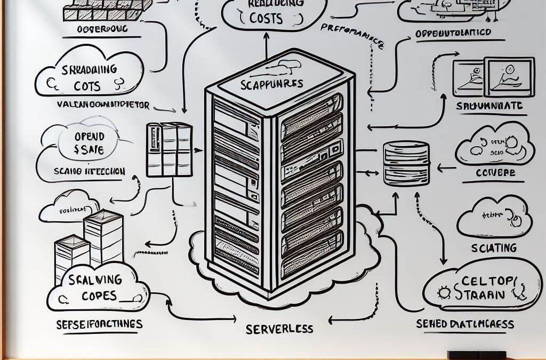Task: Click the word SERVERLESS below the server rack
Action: point(279,329)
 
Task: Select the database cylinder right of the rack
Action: point(406,163)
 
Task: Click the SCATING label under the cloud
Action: point(493,247)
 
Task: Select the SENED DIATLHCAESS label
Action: point(465,324)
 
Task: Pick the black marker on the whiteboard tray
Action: point(476,355)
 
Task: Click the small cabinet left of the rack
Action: point(168,149)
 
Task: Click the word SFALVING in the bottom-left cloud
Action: point(97,279)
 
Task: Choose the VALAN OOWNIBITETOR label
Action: point(103,105)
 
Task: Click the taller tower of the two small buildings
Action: point(103,238)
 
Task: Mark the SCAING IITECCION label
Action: point(90,172)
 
